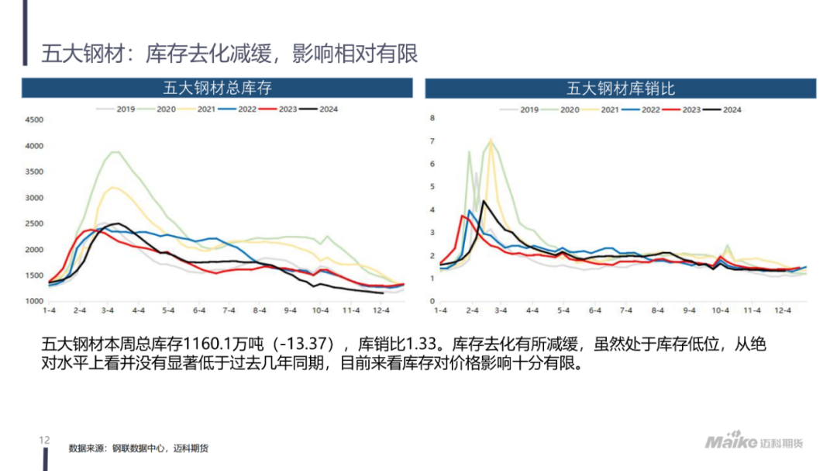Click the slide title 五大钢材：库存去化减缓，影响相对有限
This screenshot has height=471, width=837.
point(229,53)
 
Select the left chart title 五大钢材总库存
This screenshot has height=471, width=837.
point(218,88)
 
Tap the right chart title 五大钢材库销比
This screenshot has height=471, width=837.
point(621,88)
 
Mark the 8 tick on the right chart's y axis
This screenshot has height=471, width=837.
point(433,119)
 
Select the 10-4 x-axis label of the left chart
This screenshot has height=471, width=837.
point(319,310)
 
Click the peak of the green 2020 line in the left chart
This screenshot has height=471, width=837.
point(115,152)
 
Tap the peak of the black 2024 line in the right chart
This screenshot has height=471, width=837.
point(484,202)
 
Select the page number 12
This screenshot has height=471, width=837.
point(44,440)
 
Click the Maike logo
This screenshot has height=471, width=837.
point(730,442)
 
